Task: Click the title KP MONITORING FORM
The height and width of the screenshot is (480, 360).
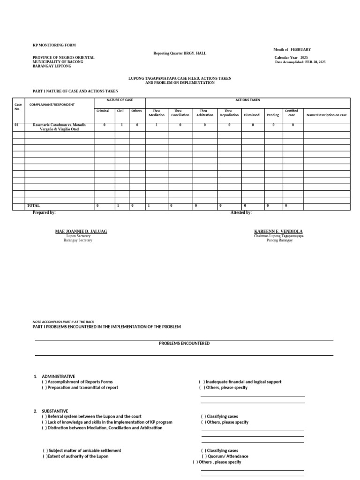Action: point(51,45)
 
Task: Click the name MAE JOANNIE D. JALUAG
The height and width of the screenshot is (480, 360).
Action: point(81,232)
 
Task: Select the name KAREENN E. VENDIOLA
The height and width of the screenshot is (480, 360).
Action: point(278,232)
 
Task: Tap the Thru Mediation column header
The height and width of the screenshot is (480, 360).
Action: point(157,113)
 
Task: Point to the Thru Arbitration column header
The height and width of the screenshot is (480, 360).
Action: point(204,113)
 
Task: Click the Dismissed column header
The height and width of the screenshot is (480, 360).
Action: point(252,115)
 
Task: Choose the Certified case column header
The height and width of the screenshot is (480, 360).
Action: point(292,113)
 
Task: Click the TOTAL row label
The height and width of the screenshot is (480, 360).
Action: point(34,206)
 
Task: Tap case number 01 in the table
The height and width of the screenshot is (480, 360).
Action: point(16,125)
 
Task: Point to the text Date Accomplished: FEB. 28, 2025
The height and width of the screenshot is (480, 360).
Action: point(300,62)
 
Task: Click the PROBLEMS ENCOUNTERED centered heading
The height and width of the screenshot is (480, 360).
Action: point(184,344)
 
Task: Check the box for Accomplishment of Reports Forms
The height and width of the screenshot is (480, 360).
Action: point(44,382)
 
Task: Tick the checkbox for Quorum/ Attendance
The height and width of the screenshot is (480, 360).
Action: point(204,456)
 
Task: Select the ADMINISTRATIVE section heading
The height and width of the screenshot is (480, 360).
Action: point(58,376)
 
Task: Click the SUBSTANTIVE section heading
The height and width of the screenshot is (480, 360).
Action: point(55,411)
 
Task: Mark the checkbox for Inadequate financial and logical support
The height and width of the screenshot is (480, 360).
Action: point(202,382)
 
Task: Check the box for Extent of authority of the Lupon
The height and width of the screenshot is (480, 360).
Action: point(45,456)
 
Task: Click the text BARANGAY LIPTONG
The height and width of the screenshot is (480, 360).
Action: point(52,67)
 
